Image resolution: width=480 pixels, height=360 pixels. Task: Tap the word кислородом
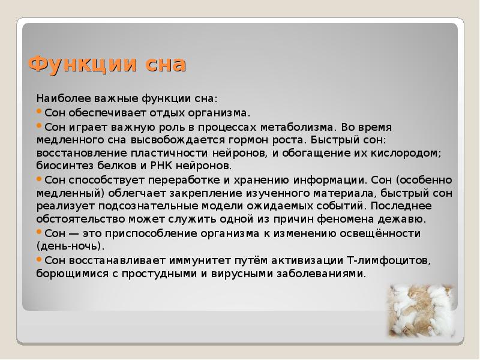[409, 152]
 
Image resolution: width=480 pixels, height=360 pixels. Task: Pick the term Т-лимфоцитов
[389, 260]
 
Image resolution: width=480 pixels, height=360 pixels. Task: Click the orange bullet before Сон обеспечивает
[40, 112]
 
